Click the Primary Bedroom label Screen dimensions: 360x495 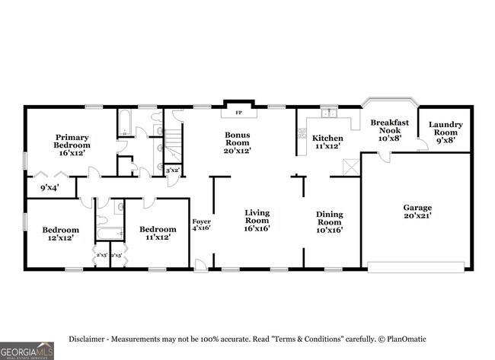(x=72, y=145)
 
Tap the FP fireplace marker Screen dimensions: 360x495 (x=238, y=113)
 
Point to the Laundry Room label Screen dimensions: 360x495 (x=445, y=132)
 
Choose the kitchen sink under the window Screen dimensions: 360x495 (x=329, y=114)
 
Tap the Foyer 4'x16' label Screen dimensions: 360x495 (x=200, y=225)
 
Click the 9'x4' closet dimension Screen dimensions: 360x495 (x=49, y=186)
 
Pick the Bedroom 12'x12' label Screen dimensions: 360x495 (x=60, y=234)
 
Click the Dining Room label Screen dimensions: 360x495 (x=329, y=220)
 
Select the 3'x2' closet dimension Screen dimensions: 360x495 (x=173, y=170)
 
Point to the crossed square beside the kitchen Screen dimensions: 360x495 (x=350, y=167)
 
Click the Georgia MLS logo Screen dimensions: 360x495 (x=27, y=351)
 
